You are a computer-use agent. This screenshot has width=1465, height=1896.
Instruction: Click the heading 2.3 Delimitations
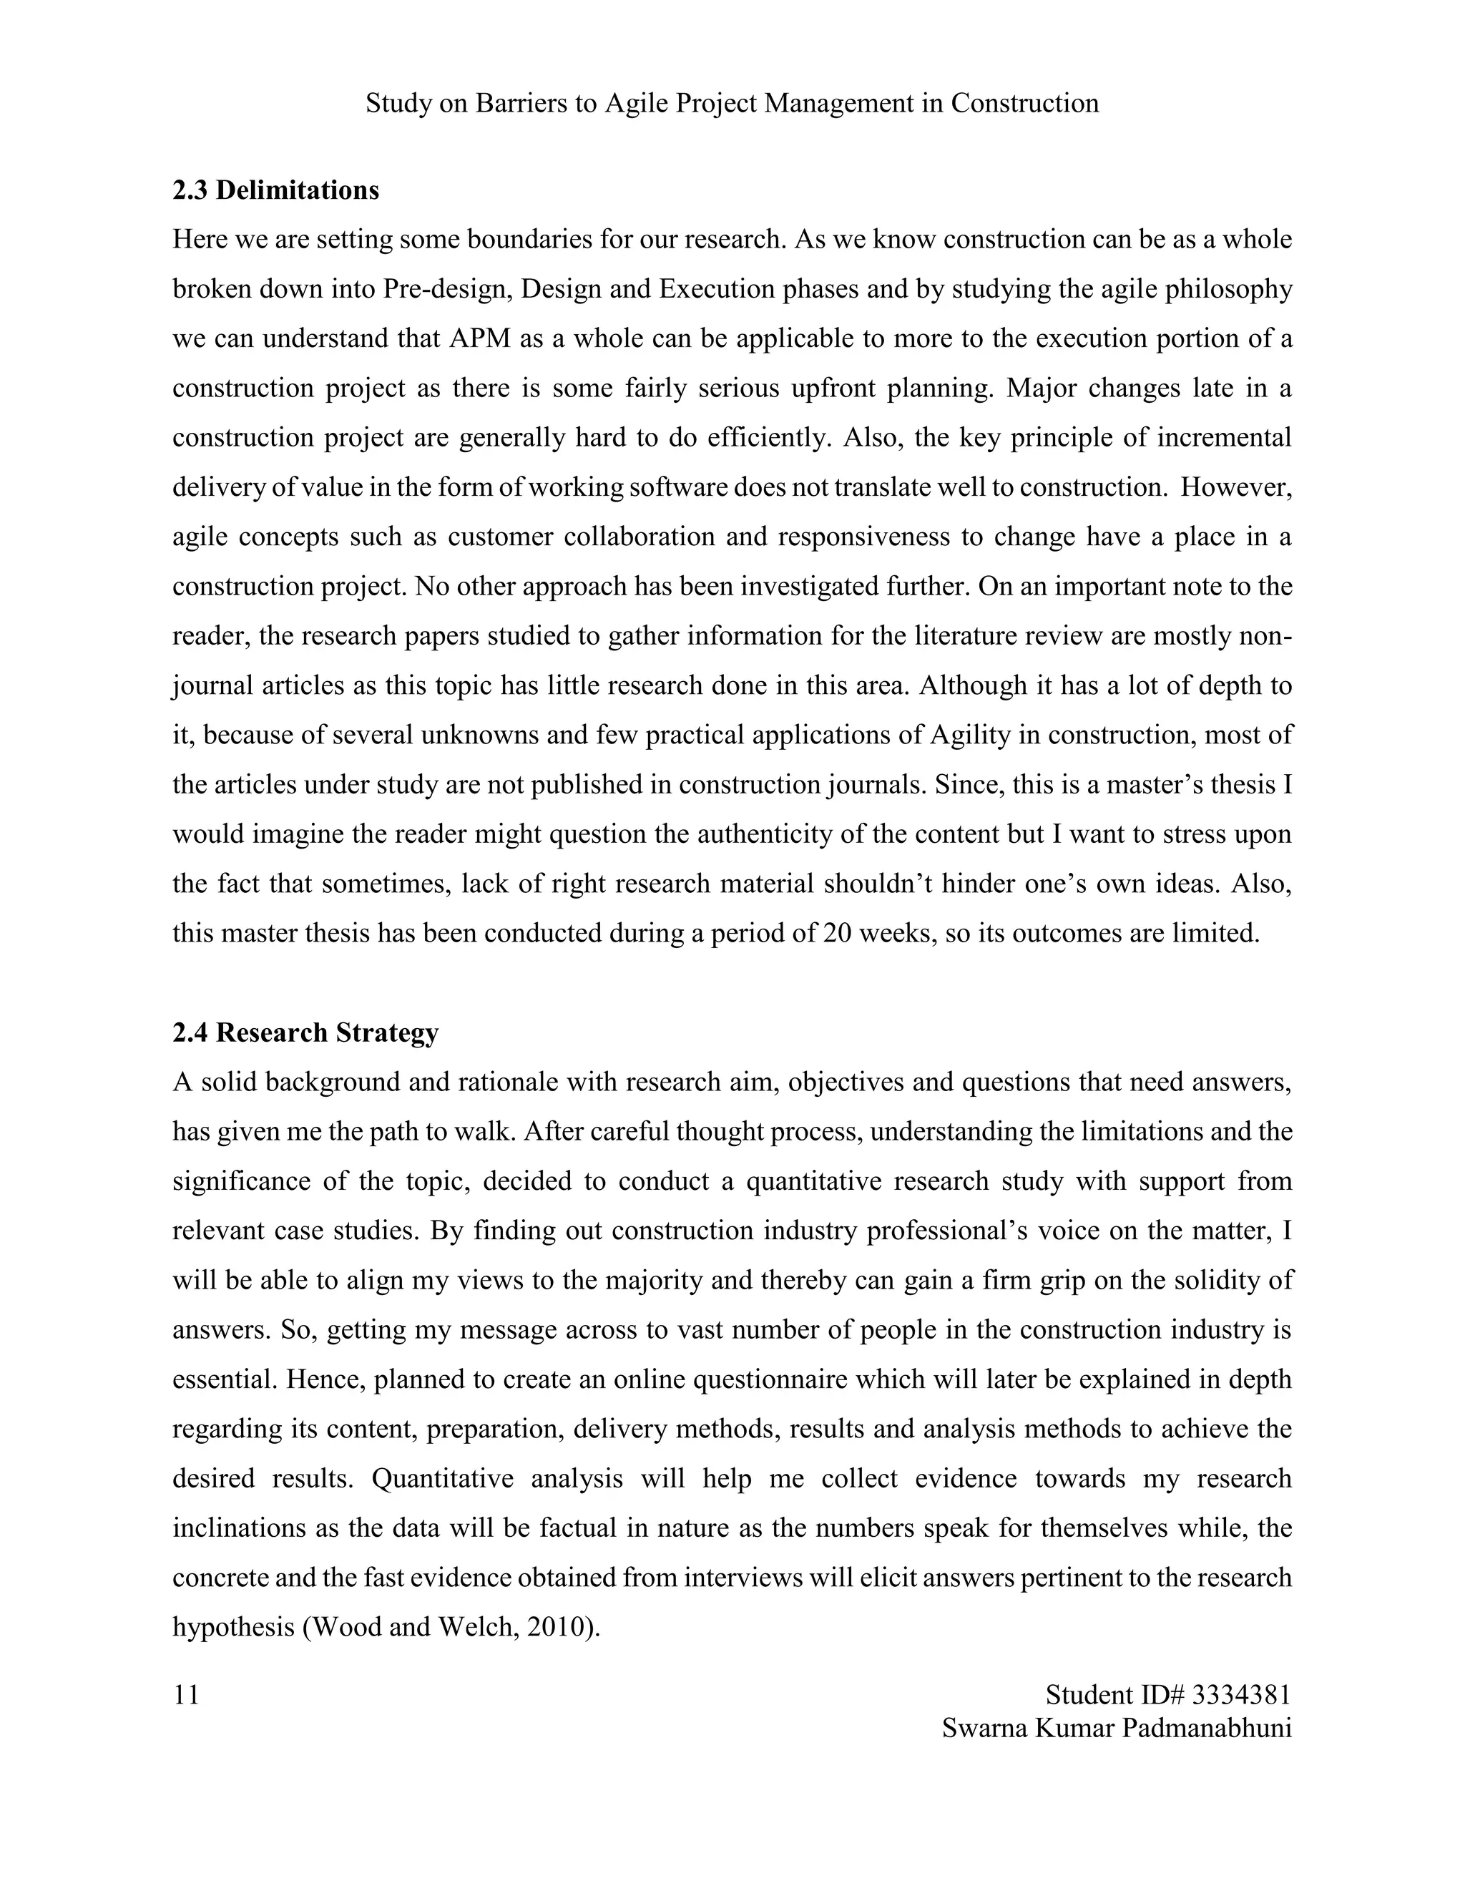275,190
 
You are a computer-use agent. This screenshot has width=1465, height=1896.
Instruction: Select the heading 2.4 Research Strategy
305,1033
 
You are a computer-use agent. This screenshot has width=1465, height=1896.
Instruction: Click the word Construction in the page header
1025,103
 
